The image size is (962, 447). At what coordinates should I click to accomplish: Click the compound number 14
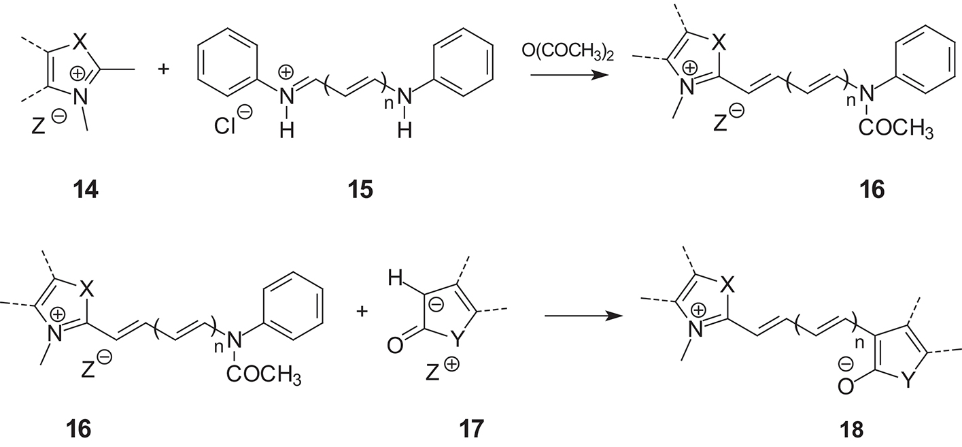point(86,190)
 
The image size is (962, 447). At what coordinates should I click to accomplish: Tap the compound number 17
point(471,429)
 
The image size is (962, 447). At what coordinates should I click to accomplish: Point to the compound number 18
point(851,429)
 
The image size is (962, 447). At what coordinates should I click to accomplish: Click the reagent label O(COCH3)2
point(567,51)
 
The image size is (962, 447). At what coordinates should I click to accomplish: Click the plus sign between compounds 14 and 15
point(163,69)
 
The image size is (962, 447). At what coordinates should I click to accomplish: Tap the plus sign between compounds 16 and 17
point(362,311)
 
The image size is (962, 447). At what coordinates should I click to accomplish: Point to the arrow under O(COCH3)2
point(570,76)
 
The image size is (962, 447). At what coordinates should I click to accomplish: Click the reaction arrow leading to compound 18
point(583,316)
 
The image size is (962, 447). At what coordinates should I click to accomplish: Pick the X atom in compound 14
point(79,42)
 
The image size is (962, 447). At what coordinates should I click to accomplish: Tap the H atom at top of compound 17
point(395,278)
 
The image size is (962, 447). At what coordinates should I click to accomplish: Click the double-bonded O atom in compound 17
point(395,346)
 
